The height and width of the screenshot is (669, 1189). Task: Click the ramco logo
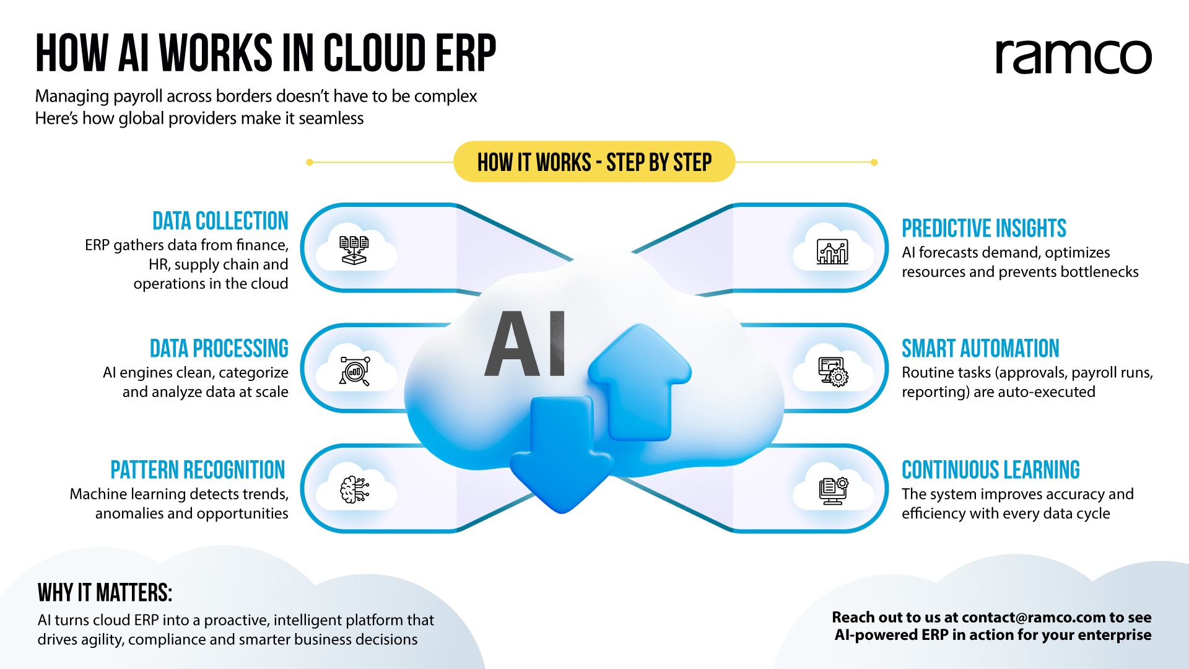1073,57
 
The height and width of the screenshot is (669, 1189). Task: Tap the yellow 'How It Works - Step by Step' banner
594,162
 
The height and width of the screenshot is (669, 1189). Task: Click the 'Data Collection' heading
220,221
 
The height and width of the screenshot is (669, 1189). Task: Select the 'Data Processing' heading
219,349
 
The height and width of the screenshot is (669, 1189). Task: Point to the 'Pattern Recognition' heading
198,470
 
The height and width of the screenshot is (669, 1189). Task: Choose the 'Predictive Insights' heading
984,229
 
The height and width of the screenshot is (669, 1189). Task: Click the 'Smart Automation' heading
980,349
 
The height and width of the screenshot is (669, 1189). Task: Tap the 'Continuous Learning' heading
991,470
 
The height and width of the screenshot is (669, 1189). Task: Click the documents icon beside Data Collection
354,250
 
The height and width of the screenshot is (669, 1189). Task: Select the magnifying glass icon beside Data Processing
355,371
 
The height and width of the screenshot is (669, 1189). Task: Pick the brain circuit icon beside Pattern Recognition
355,490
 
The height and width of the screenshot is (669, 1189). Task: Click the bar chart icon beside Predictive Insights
833,251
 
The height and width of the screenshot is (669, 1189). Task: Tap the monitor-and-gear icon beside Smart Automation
833,372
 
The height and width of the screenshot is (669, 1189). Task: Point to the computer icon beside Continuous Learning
833,491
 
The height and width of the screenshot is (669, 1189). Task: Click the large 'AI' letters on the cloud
525,344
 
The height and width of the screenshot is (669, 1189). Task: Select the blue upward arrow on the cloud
640,382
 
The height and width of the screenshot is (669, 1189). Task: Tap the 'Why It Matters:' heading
105,593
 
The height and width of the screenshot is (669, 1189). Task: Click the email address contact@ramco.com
1034,618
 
